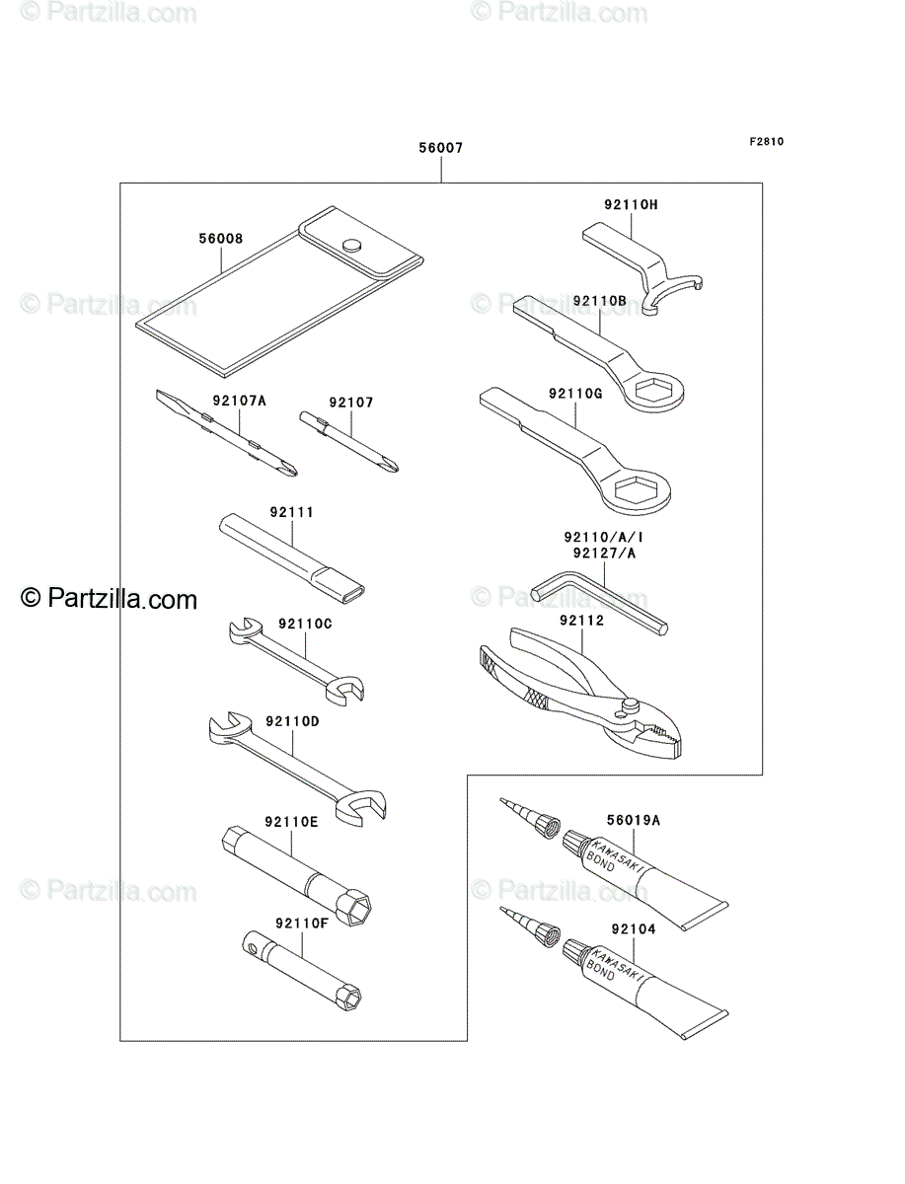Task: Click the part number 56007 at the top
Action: (440, 147)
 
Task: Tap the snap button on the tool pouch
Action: (351, 246)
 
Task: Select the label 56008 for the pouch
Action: (221, 238)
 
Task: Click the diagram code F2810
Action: (766, 141)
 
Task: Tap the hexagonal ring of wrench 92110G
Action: (639, 490)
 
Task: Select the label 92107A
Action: (240, 401)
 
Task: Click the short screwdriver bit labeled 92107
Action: (349, 441)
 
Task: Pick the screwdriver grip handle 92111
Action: (292, 558)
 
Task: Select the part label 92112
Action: (581, 621)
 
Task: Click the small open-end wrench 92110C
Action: (297, 661)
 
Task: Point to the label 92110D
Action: (292, 721)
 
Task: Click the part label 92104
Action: (634, 928)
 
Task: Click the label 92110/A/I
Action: (604, 537)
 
